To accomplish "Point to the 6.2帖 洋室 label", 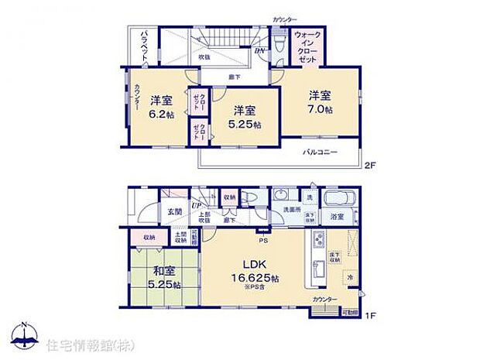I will pyautogui.click(x=161, y=106).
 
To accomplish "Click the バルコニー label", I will pyautogui.click(x=319, y=153).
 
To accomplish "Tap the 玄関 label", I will pyautogui.click(x=174, y=211).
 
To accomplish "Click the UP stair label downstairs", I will pyautogui.click(x=197, y=205).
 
